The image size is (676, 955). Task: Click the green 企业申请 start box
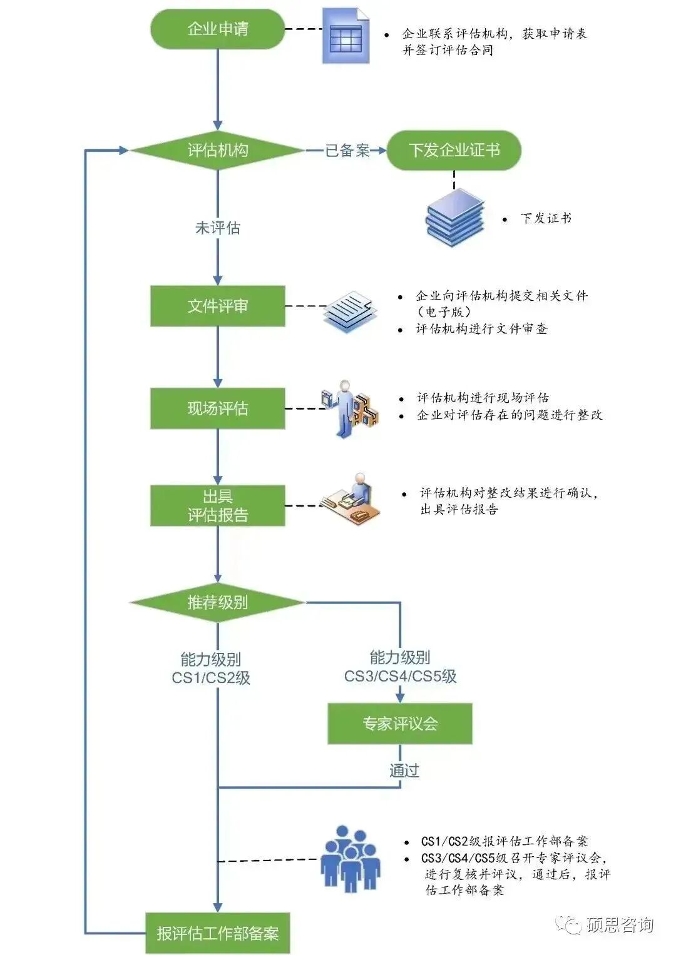tap(217, 29)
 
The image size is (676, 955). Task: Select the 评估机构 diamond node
tap(217, 150)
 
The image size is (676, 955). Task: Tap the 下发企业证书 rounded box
tap(454, 150)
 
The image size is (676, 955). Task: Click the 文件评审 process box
tap(217, 306)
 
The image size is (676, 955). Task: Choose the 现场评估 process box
tap(217, 408)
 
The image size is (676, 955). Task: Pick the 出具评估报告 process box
tap(217, 505)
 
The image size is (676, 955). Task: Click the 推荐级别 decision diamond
tap(217, 602)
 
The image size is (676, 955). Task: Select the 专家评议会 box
tap(399, 724)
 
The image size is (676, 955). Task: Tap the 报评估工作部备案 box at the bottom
tap(217, 933)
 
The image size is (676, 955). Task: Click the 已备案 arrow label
tap(347, 150)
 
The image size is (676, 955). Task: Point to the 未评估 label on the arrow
tap(217, 228)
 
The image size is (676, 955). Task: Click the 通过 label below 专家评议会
tap(404, 770)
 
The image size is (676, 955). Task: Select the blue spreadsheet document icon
tap(346, 36)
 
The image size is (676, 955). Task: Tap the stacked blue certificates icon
tap(455, 218)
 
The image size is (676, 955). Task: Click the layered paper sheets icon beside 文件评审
tap(351, 311)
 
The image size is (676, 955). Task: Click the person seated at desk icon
tap(352, 498)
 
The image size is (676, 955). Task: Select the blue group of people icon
tap(350, 859)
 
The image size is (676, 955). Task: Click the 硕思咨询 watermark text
tap(619, 925)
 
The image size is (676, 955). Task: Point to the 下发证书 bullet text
tap(545, 218)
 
